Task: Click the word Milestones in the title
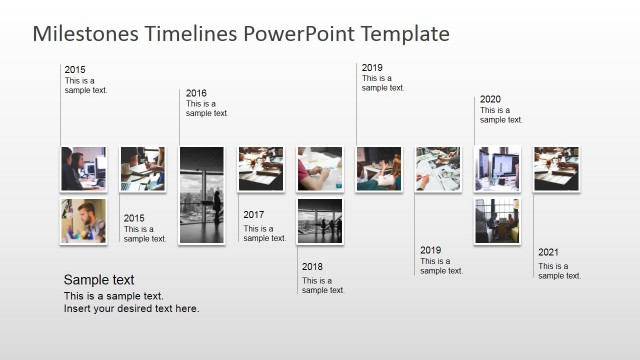pyautogui.click(x=85, y=34)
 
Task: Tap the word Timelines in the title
pyautogui.click(x=190, y=34)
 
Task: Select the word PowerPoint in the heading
pyautogui.click(x=299, y=34)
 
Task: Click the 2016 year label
pyautogui.click(x=196, y=93)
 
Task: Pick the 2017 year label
pyautogui.click(x=254, y=215)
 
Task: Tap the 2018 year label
pyautogui.click(x=313, y=267)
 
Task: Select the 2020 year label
pyautogui.click(x=490, y=100)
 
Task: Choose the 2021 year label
pyautogui.click(x=549, y=253)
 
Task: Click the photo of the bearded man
pyautogui.click(x=83, y=221)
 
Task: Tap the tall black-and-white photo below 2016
pyautogui.click(x=201, y=195)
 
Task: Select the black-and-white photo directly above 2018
pyautogui.click(x=320, y=221)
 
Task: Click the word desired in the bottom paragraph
pyautogui.click(x=142, y=309)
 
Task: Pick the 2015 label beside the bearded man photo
pyautogui.click(x=134, y=218)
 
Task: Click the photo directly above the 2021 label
pyautogui.click(x=556, y=168)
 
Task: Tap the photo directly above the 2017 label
pyautogui.click(x=261, y=168)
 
